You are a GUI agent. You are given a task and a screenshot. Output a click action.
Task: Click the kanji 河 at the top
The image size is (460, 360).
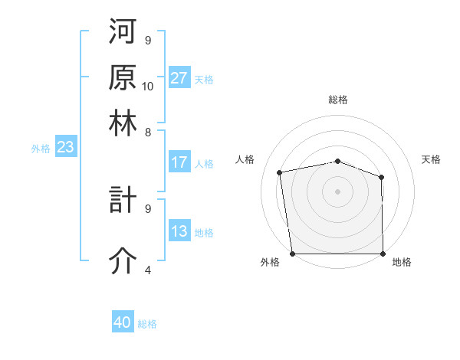[123, 33]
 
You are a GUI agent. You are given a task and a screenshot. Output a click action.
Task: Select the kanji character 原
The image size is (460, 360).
[123, 77]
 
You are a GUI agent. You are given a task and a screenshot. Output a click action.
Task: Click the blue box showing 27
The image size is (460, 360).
[179, 78]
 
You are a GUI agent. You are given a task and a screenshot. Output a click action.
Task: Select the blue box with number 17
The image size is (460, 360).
[179, 162]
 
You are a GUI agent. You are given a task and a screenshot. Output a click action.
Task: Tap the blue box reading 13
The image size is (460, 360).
[179, 232]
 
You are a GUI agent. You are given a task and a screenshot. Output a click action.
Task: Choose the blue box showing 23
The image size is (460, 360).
[65, 148]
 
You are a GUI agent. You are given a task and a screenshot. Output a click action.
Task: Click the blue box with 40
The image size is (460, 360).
[123, 322]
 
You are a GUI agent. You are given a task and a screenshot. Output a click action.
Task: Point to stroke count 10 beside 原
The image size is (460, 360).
[148, 86]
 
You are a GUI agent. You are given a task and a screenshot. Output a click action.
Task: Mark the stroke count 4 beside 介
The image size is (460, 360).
[147, 270]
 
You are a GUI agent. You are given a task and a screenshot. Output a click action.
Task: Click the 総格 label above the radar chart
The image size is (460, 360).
[338, 100]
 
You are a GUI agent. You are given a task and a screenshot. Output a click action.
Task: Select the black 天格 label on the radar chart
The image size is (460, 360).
[432, 159]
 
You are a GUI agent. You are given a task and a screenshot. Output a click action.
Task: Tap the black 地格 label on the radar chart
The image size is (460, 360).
[402, 262]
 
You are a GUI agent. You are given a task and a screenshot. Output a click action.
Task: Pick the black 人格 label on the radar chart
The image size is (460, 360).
[245, 159]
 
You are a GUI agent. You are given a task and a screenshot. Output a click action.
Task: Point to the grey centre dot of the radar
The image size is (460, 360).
[337, 191]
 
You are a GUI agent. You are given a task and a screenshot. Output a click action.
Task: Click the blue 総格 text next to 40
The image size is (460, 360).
[148, 323]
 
